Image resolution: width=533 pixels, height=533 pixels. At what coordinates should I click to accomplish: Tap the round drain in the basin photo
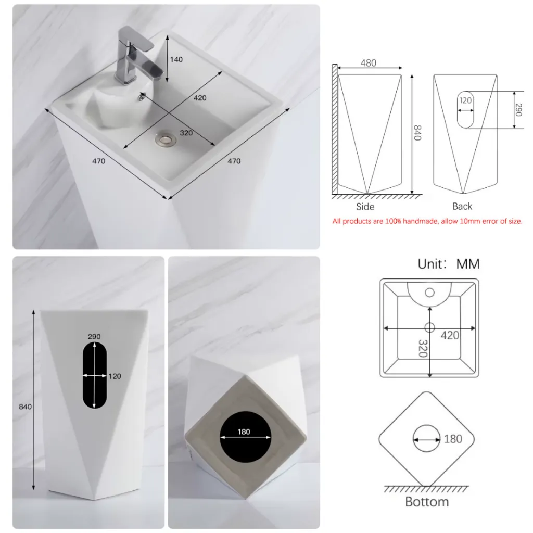point(166,138)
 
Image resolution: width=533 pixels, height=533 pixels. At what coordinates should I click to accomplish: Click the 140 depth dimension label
point(176,59)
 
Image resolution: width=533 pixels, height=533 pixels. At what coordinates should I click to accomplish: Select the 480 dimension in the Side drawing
point(369,63)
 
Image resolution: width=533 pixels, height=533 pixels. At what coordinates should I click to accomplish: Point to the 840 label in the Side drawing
point(417,133)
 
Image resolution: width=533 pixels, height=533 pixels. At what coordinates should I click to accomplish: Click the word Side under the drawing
point(365,207)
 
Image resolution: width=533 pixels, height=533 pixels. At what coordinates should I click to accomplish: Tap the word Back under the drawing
point(462,206)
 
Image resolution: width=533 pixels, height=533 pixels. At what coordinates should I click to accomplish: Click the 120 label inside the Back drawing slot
point(465,100)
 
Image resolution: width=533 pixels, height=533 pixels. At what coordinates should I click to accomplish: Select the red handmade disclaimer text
point(427,221)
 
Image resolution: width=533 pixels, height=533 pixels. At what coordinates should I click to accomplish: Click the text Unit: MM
point(449,264)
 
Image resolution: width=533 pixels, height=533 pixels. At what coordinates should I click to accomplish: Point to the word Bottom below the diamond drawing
point(427,502)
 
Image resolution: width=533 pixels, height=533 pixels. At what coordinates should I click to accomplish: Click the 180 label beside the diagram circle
point(453,439)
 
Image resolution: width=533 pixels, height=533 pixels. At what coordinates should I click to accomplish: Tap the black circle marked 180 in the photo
point(246,437)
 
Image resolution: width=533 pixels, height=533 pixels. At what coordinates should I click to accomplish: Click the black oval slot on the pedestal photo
point(95,375)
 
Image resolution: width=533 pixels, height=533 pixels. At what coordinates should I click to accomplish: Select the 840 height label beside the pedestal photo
point(25,407)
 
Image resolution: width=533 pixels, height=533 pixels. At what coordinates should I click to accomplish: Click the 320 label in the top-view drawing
point(423,348)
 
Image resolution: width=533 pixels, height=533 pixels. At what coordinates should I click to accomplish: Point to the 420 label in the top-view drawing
point(450,336)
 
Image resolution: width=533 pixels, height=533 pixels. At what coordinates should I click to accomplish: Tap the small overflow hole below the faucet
point(141,97)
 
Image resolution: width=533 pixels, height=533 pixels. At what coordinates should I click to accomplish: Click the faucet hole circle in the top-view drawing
point(429,293)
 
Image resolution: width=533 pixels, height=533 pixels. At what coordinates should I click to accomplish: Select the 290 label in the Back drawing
point(518,110)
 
